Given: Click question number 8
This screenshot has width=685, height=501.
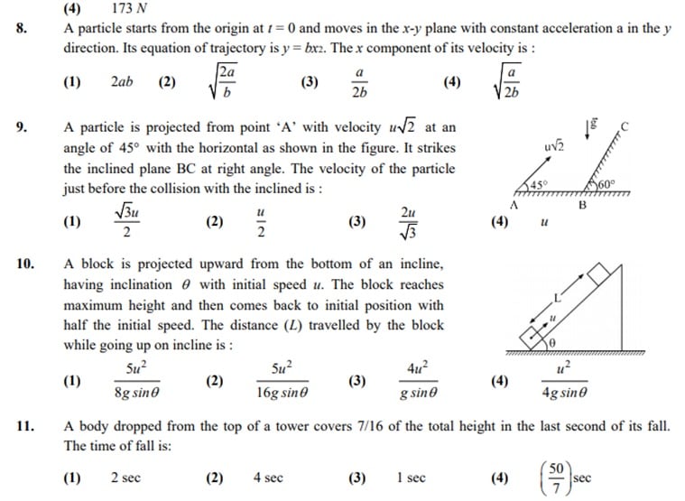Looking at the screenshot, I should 22,29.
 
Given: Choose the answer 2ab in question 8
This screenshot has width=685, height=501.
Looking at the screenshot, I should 122,82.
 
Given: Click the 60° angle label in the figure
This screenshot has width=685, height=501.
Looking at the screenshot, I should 606,185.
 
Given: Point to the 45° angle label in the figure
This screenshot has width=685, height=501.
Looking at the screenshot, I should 540,185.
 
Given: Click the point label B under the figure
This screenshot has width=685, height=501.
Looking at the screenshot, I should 582,205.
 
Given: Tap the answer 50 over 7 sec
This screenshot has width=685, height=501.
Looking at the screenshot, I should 569,478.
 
